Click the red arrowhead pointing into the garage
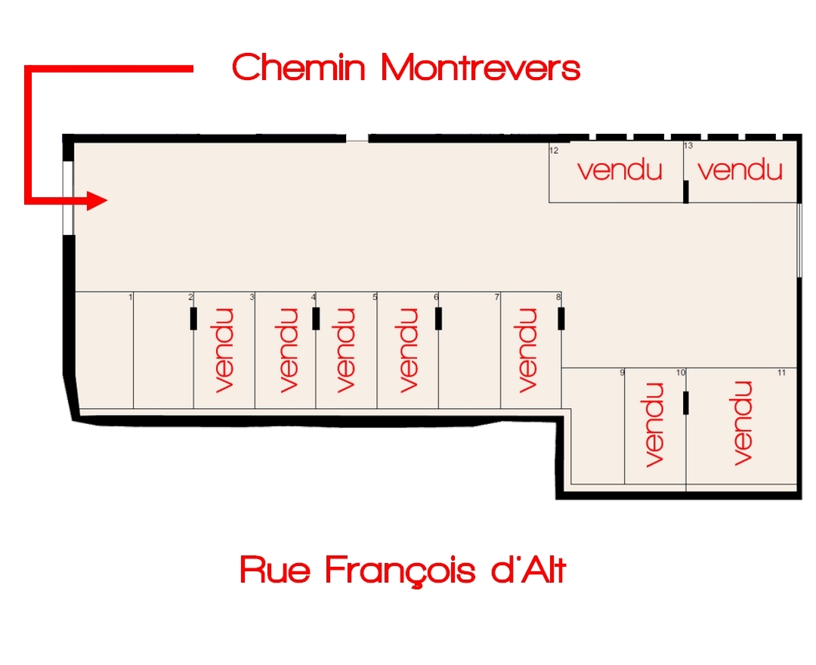pyautogui.click(x=97, y=200)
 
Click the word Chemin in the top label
pyautogui.click(x=299, y=68)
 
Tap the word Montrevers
pyautogui.click(x=481, y=68)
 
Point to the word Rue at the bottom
pyautogui.click(x=274, y=569)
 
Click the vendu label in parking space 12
pyautogui.click(x=620, y=170)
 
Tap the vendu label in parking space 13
pyautogui.click(x=740, y=170)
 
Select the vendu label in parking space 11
pyautogui.click(x=743, y=423)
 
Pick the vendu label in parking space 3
pyautogui.click(x=224, y=349)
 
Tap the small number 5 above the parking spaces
pyautogui.click(x=375, y=298)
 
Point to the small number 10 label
pyautogui.click(x=680, y=373)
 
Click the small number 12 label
pyautogui.click(x=554, y=150)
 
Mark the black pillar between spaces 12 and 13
pyautogui.click(x=686, y=191)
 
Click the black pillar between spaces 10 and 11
pyautogui.click(x=686, y=403)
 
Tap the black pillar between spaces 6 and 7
pyautogui.click(x=438, y=319)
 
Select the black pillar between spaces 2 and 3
pyautogui.click(x=193, y=319)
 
